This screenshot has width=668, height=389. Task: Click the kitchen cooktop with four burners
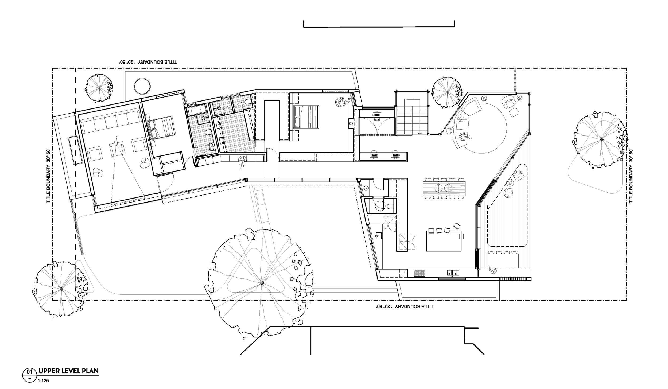[420, 273]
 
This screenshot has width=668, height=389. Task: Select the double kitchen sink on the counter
[453, 273]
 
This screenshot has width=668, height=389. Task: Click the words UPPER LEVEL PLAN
[69, 371]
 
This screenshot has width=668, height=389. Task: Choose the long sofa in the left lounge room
[110, 122]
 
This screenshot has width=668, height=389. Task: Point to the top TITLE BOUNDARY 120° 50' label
[148, 62]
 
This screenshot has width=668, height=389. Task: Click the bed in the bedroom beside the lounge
[161, 128]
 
